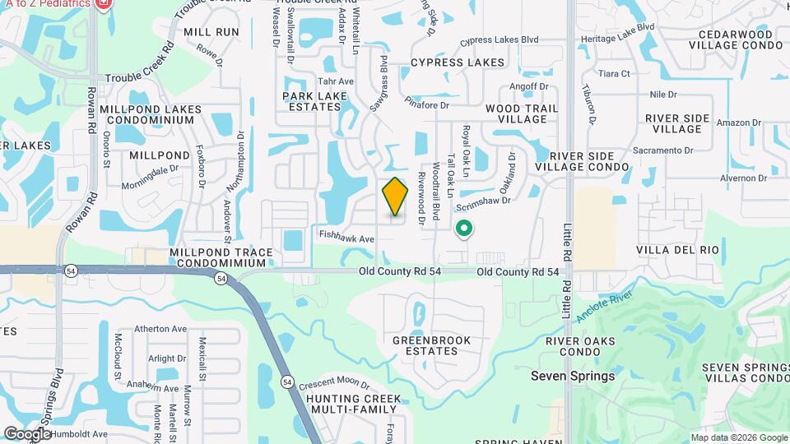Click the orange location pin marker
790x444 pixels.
[396, 196]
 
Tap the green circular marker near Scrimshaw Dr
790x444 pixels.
[463, 229]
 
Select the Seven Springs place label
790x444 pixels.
[573, 376]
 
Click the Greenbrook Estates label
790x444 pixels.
[431, 345]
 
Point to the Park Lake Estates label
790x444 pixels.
[315, 101]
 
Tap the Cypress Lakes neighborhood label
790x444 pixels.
[458, 62]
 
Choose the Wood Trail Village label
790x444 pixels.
[522, 113]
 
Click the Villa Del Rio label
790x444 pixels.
[678, 249]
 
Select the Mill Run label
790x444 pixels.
[211, 32]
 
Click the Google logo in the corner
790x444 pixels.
[27, 433]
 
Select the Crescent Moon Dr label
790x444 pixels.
[334, 383]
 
